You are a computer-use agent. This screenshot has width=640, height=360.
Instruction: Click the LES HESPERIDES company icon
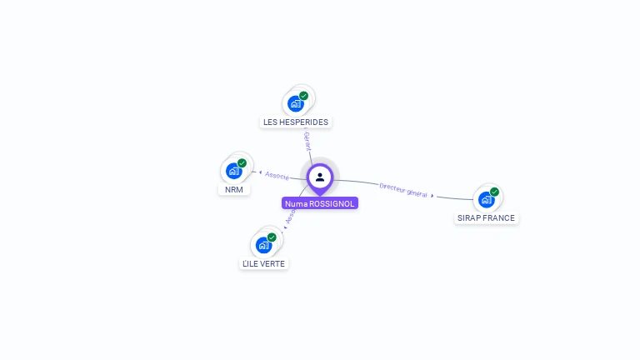(x=295, y=103)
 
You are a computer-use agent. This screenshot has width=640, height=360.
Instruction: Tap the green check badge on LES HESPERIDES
(x=304, y=96)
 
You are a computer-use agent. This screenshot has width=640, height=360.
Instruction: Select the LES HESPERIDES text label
(x=296, y=122)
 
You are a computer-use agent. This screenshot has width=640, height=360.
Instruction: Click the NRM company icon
(x=234, y=171)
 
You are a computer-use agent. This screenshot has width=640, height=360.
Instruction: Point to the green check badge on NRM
(x=242, y=163)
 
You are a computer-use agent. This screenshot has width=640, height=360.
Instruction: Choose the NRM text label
(x=234, y=189)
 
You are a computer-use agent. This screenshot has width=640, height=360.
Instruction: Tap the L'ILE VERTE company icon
(x=263, y=245)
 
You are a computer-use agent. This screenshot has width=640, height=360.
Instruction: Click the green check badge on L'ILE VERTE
(x=272, y=237)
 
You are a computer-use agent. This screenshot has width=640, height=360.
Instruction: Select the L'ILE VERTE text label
(x=263, y=263)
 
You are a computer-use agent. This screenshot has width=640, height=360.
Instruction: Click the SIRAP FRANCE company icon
(x=487, y=199)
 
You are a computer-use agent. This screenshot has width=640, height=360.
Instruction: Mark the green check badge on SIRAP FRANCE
(x=495, y=192)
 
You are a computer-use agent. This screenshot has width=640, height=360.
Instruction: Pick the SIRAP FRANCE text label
(x=487, y=218)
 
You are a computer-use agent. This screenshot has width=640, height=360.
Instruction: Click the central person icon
(x=320, y=177)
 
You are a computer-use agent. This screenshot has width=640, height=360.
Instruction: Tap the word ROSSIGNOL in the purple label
(x=332, y=203)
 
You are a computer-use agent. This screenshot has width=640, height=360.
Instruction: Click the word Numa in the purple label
(x=296, y=203)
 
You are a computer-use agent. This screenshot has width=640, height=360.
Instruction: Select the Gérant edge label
(x=307, y=140)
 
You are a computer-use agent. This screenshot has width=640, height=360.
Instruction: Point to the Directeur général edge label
(x=403, y=189)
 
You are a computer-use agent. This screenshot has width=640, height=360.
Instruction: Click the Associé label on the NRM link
(x=277, y=175)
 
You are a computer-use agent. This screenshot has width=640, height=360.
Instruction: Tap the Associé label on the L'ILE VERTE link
(x=290, y=216)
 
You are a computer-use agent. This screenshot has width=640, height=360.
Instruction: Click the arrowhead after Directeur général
(x=432, y=195)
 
